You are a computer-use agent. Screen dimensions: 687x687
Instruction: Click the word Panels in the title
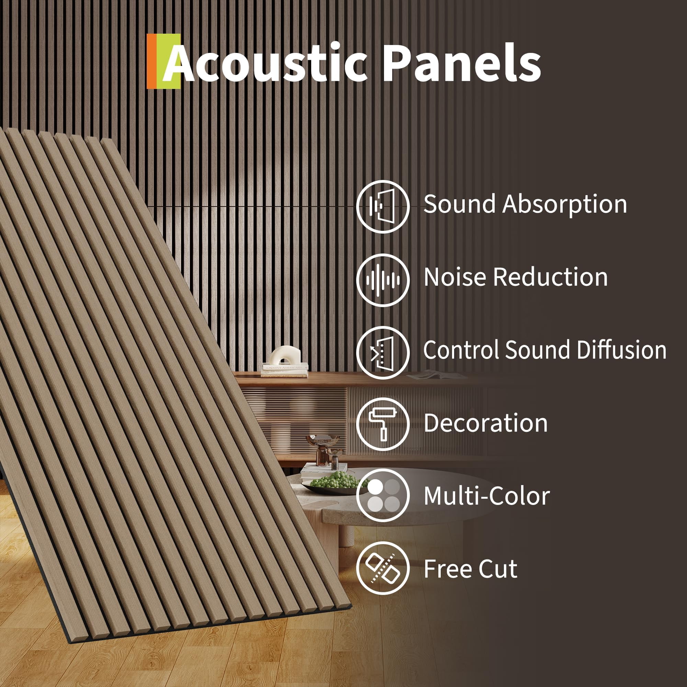coord(462,63)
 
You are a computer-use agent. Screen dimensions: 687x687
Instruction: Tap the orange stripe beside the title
coord(151,61)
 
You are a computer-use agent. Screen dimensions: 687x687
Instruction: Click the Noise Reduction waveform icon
coord(383,280)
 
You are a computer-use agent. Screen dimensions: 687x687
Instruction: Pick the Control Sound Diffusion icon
coord(383,353)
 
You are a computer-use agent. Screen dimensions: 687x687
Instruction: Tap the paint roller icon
coord(383,425)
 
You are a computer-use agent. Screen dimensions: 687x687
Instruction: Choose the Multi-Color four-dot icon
coord(383,496)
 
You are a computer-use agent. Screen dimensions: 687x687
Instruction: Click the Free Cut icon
coord(383,568)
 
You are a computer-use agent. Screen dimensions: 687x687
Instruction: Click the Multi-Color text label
coord(487,496)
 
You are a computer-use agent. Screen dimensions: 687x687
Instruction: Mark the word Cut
coord(498,569)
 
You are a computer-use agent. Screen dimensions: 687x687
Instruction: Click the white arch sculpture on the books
coord(285,356)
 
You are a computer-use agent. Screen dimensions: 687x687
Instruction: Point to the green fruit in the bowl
coord(332,481)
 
